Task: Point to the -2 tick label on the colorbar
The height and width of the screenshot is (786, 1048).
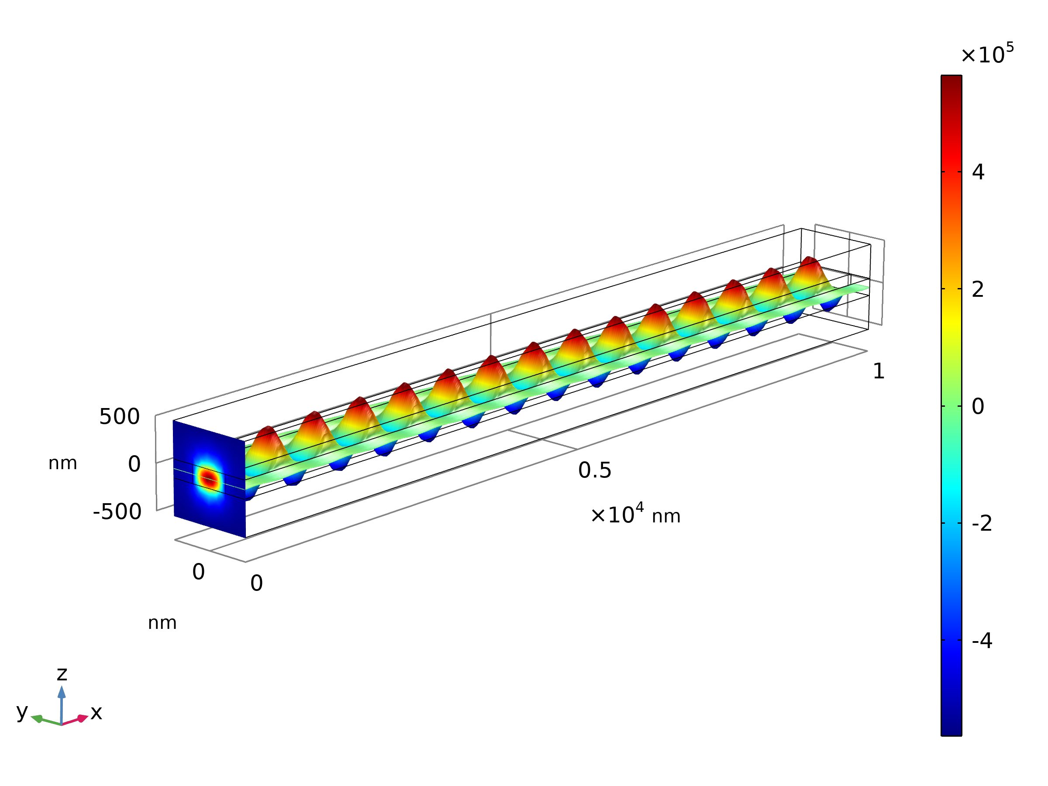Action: [x=982, y=523]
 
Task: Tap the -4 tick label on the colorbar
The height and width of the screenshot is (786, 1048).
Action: [x=982, y=641]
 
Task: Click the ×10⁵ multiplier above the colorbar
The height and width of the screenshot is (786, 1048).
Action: [x=987, y=53]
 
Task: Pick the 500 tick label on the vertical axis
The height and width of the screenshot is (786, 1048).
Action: [x=119, y=417]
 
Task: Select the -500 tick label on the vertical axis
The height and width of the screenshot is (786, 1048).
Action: [x=117, y=512]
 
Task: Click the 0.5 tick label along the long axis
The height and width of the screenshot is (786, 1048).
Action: [x=595, y=470]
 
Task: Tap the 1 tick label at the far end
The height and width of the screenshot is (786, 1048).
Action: [x=879, y=371]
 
